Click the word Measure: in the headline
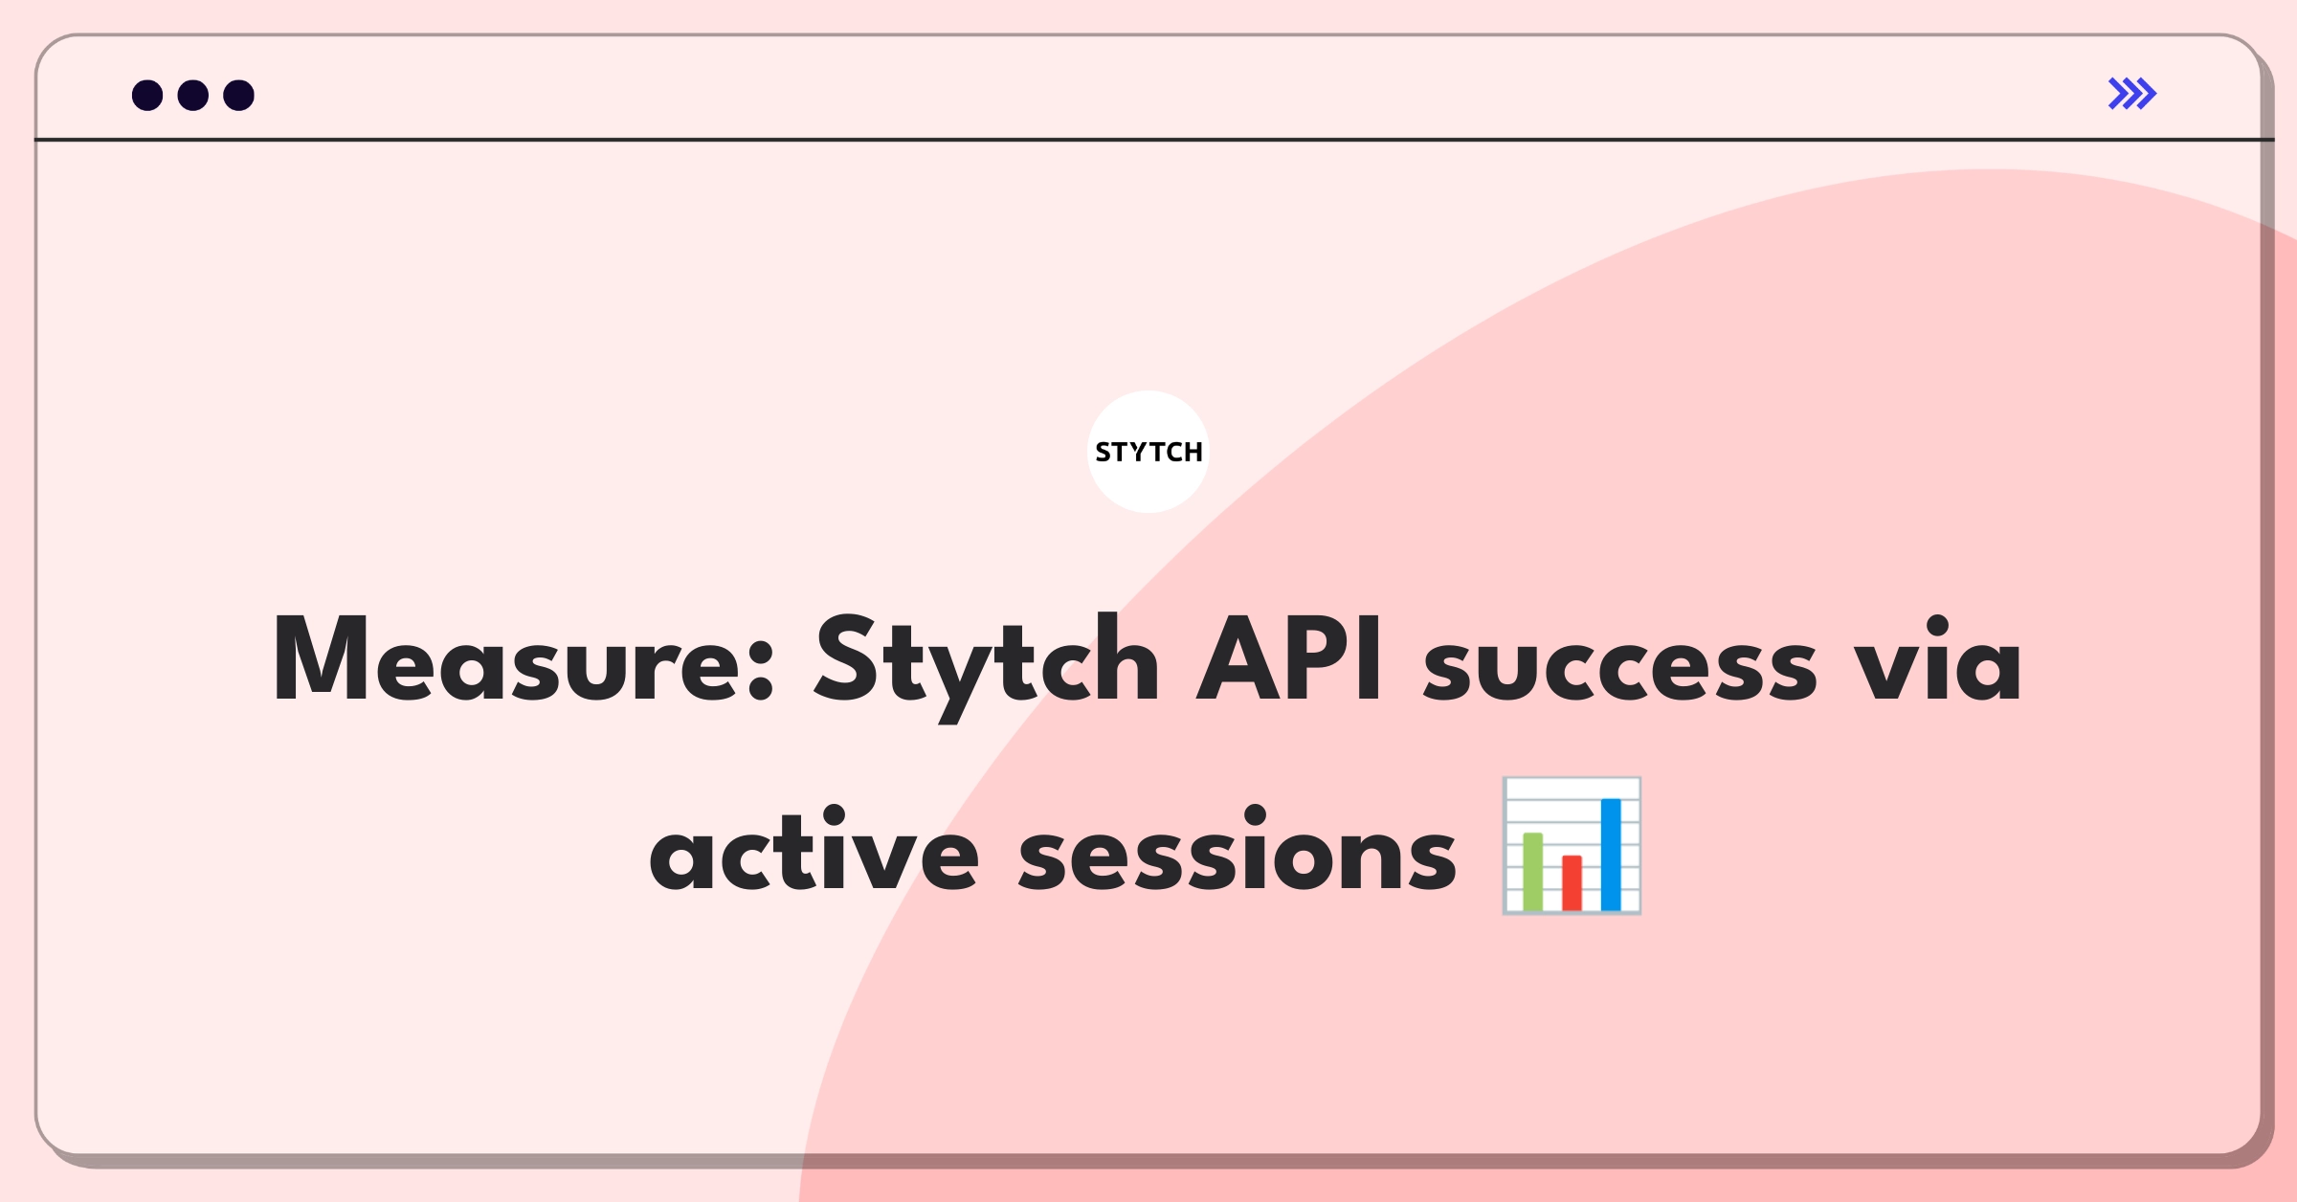[x=524, y=658]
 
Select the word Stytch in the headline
[x=987, y=667]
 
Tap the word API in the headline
[x=1289, y=658]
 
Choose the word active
[x=814, y=849]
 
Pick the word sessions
[x=1237, y=849]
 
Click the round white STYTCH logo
[x=1148, y=452]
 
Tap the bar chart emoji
[x=1572, y=845]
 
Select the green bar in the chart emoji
[x=1532, y=871]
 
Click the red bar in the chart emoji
[x=1572, y=882]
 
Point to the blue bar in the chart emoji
[x=1611, y=854]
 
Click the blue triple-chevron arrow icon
[x=2132, y=94]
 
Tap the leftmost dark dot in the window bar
[x=147, y=95]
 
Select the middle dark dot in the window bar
[x=193, y=95]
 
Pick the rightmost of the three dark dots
[x=239, y=95]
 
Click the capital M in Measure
[x=320, y=658]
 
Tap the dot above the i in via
[x=1937, y=627]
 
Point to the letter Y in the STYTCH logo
[x=1137, y=452]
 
